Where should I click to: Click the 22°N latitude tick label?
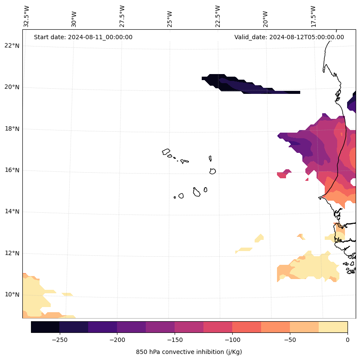pyautogui.click(x=12, y=46)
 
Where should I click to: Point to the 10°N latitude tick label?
pyautogui.click(x=12, y=295)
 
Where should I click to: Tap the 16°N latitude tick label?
pyautogui.click(x=12, y=170)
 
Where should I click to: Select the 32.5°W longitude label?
pyautogui.click(x=27, y=16)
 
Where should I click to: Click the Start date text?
pyautogui.click(x=83, y=37)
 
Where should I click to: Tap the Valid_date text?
pyautogui.click(x=289, y=37)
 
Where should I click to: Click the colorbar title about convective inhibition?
pyautogui.click(x=189, y=352)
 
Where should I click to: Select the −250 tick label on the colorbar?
pyautogui.click(x=59, y=340)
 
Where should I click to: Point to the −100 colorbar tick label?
pyautogui.click(x=232, y=340)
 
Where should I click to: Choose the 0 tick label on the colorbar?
pyautogui.click(x=347, y=340)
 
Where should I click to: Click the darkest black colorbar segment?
pyautogui.click(x=45, y=327)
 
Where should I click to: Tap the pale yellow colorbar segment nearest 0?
pyautogui.click(x=333, y=327)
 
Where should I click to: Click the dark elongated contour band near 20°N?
pyautogui.click(x=241, y=85)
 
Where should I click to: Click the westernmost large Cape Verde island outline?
pyautogui.click(x=166, y=152)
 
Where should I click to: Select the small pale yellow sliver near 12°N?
pyautogui.click(x=244, y=249)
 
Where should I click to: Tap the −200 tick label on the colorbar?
pyautogui.click(x=117, y=340)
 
